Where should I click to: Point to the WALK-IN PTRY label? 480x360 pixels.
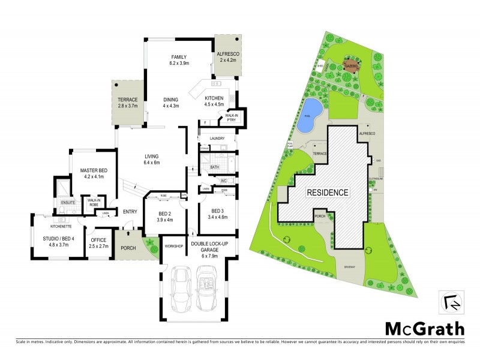[232, 118]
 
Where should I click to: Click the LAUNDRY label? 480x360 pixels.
[217, 139]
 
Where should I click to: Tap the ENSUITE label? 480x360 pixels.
[67, 203]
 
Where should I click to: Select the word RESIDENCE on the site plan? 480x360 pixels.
[327, 193]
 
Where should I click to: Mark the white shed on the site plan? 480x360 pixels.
[320, 67]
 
